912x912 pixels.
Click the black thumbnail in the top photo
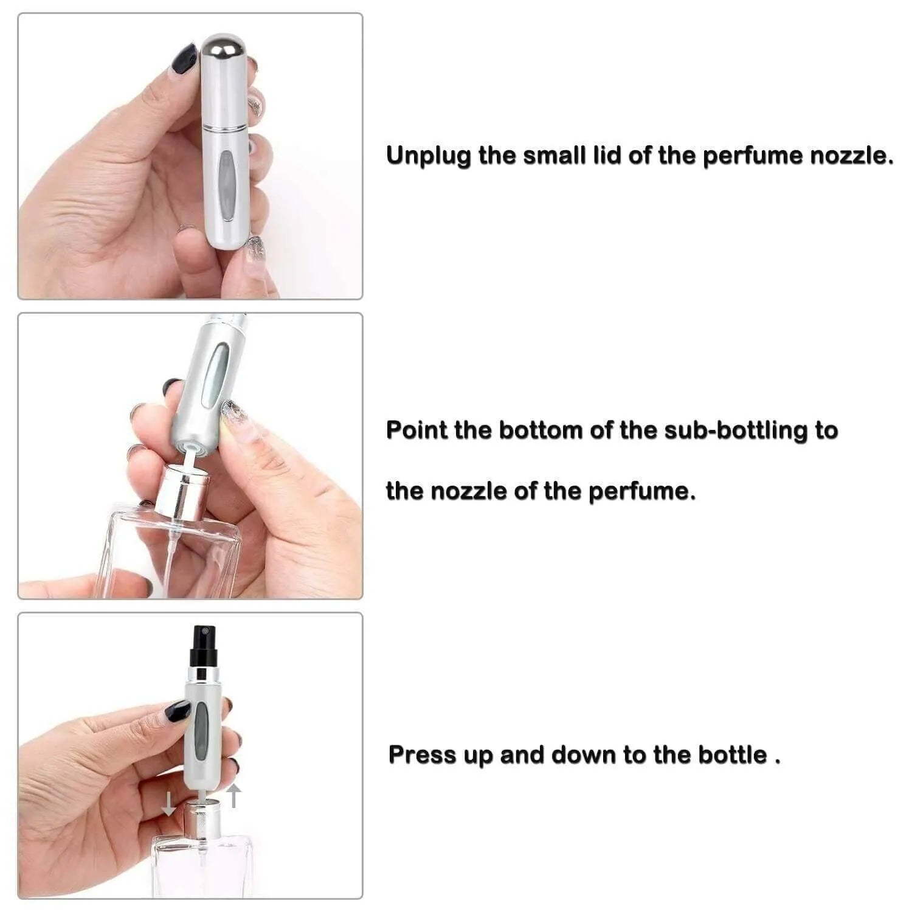[183, 59]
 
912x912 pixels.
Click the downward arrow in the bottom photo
[168, 806]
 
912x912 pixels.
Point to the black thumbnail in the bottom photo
[178, 711]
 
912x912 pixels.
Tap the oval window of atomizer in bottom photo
[201, 730]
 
